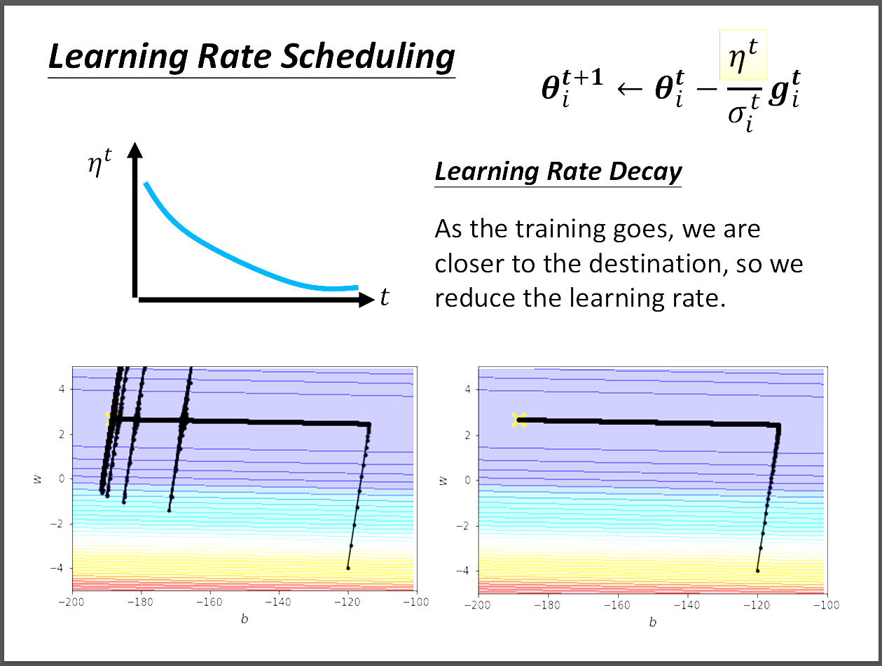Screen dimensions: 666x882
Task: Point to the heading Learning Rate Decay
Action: [558, 172]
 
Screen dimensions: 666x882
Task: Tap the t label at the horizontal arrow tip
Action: [384, 298]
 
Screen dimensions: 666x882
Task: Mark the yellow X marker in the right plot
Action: [518, 420]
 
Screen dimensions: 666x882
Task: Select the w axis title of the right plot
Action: [443, 480]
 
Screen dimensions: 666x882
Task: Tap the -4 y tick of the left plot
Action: [59, 568]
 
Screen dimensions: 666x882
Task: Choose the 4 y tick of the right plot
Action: [465, 389]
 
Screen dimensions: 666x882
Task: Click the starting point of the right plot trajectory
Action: [757, 571]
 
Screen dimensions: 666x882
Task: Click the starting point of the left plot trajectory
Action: [348, 568]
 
